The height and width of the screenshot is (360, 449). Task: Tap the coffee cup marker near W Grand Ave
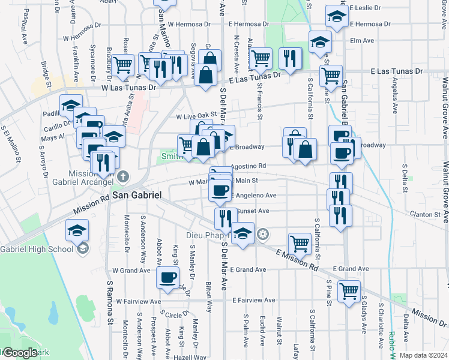pos(167,277)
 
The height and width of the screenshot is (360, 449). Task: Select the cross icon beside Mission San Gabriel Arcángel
pos(123,176)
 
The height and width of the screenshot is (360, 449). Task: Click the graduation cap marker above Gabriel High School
pos(77,230)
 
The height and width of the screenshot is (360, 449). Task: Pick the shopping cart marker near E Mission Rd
pos(300,243)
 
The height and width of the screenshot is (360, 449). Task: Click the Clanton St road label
pos(425,214)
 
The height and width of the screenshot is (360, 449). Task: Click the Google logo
pos(20,353)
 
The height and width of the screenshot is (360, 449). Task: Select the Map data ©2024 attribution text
pos(423,355)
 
